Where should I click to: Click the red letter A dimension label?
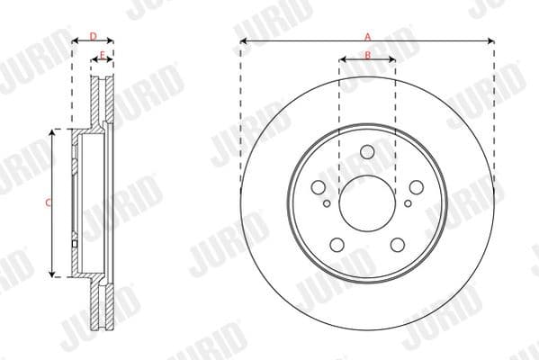[367, 36]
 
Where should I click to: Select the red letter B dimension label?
[367, 56]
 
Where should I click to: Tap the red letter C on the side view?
[48, 203]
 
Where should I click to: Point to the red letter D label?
[93, 36]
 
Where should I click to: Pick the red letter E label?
[103, 56]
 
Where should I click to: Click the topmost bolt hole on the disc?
[367, 152]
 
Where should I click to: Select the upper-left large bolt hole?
[319, 187]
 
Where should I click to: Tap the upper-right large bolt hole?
[416, 187]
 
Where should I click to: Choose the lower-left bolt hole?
[337, 244]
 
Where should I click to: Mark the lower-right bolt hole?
[397, 244]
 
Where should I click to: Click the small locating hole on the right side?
[408, 202]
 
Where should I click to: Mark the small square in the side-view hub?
[74, 241]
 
